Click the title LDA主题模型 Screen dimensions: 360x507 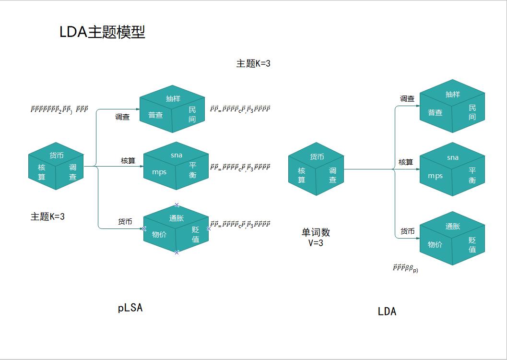point(102,32)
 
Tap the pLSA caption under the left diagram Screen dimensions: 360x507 point(130,308)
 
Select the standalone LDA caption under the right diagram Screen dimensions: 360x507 point(387,311)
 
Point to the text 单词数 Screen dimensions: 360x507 point(316,232)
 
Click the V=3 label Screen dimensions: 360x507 point(316,243)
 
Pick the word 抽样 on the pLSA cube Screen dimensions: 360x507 point(173,98)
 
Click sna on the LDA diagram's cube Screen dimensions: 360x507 point(453,157)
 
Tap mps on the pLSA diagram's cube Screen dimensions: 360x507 point(159,172)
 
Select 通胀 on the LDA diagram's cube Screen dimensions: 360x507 point(453,226)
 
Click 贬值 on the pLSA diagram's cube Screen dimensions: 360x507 point(196,234)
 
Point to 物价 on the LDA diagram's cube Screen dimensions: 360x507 point(435,244)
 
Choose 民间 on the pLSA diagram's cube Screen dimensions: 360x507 point(192,115)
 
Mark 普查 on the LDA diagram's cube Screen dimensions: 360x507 point(435,113)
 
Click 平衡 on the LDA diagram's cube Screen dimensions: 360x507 point(472,175)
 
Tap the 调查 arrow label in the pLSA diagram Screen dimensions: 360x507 point(122,117)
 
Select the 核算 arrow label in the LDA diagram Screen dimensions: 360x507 point(406,162)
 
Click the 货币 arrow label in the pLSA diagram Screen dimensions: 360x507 point(125,222)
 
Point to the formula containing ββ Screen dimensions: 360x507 point(405,269)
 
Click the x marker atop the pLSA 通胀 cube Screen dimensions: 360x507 point(177,205)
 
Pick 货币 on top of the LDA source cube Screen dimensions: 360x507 point(317,156)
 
